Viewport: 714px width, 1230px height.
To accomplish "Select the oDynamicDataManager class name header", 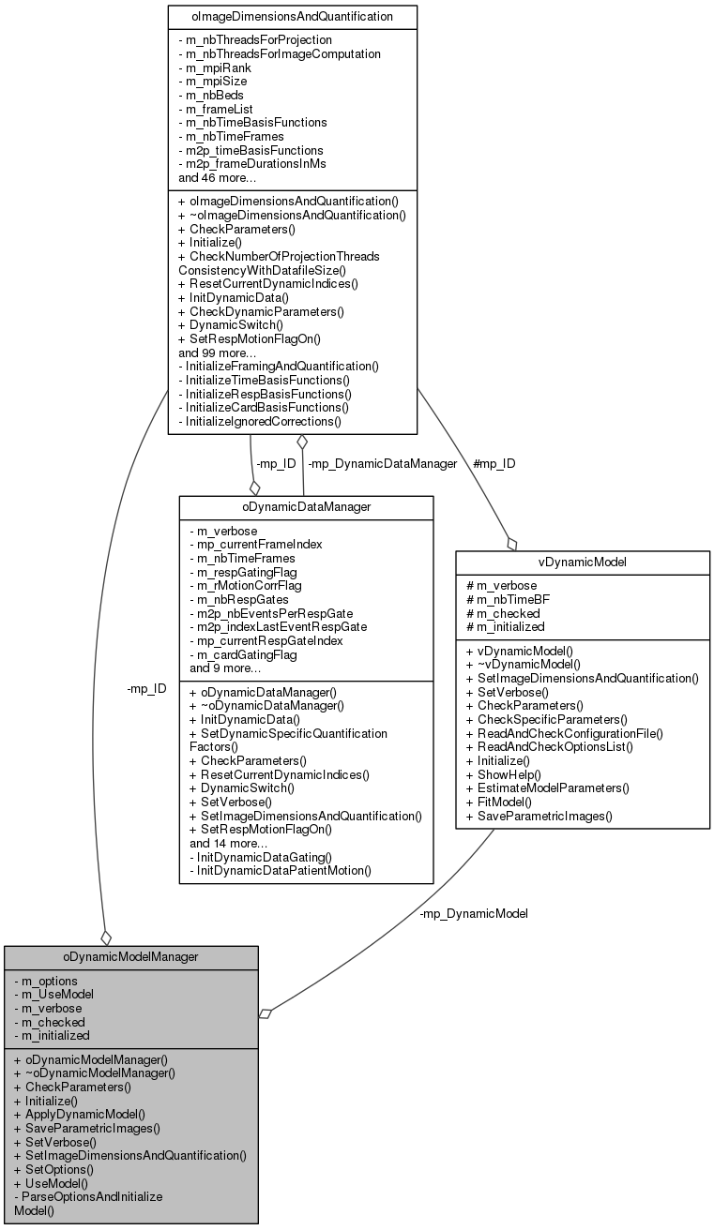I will [306, 506].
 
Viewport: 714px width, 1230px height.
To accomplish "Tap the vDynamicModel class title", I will [582, 562].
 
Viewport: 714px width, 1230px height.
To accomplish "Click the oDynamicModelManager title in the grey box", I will [130, 956].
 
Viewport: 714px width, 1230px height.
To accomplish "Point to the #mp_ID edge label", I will [494, 463].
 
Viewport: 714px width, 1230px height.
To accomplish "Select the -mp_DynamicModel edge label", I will [474, 913].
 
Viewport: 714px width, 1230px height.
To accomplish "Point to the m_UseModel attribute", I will [54, 994].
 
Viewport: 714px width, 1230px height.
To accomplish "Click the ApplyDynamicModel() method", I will [80, 1114].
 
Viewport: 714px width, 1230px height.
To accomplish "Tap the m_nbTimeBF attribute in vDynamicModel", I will [505, 599].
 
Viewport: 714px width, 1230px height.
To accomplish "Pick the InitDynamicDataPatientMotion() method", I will [281, 870].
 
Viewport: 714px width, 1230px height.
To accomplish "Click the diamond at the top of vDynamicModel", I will [511, 543].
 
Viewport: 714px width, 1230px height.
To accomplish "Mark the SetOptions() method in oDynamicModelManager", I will [53, 1169].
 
